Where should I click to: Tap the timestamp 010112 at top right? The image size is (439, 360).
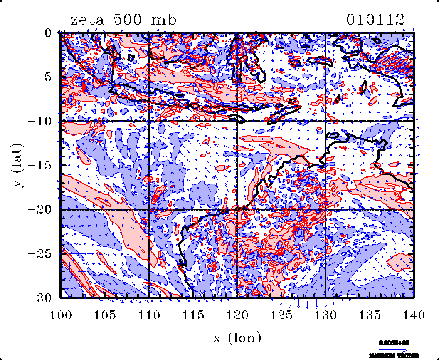coord(375,20)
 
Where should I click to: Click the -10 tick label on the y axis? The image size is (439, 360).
coord(40,121)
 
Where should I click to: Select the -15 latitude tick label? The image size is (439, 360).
coord(40,165)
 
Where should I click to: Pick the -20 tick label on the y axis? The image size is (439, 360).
coord(40,209)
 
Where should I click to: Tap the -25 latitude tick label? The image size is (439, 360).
coord(40,253)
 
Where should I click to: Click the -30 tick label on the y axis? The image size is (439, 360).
coord(40,298)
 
